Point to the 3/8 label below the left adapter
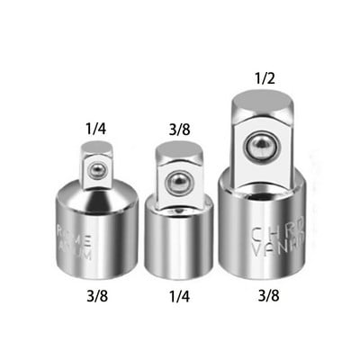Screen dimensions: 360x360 (x=97, y=294)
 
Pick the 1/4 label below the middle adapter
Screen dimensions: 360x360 (x=178, y=294)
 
